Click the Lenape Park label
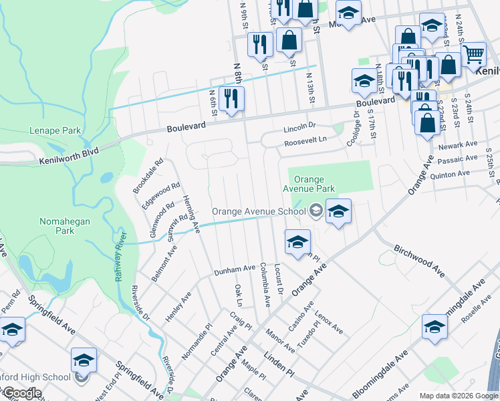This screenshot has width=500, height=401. (55, 130)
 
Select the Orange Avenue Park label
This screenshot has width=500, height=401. (309, 184)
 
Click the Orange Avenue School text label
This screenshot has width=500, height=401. (259, 211)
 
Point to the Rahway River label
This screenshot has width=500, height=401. (120, 257)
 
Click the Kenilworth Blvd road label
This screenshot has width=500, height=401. (69, 156)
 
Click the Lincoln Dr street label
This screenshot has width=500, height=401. (299, 126)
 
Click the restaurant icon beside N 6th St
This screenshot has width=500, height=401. (231, 99)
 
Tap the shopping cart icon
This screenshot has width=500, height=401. (473, 53)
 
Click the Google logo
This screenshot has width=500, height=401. (23, 394)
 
